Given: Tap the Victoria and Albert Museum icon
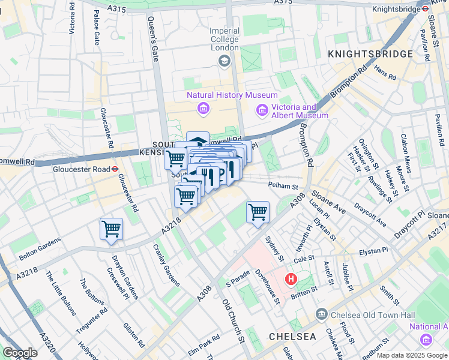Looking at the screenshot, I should click(262, 110).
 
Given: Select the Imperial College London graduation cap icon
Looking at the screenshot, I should click(224, 60).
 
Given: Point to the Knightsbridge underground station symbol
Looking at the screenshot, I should click(424, 9).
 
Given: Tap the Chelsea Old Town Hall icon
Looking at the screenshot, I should click(322, 314).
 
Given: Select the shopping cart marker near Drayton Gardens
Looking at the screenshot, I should click(111, 229).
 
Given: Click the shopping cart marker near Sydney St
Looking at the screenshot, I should click(258, 212).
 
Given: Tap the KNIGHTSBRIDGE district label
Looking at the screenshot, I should click(370, 54).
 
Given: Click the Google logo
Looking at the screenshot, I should click(20, 353).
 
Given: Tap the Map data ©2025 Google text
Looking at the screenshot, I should click(412, 356).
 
